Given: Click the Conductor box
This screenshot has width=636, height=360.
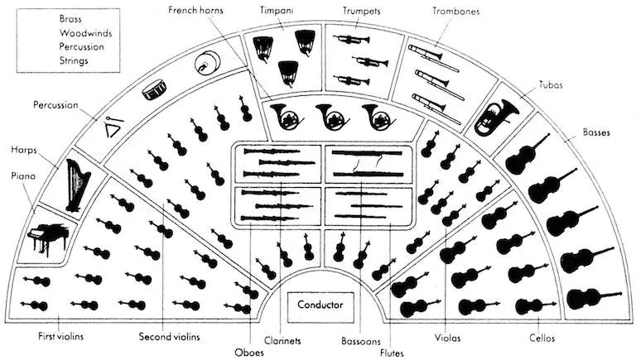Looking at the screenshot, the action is click(320, 305).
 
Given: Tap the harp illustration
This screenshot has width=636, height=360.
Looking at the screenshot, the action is click(77, 185).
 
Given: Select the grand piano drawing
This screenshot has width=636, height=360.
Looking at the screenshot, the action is click(47, 238).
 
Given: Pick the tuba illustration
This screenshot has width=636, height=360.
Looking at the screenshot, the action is click(495, 118).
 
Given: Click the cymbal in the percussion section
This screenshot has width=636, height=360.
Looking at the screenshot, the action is click(207, 63).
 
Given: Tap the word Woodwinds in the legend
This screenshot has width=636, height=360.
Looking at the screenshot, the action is click(85, 33).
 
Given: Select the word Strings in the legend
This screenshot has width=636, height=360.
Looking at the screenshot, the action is click(74, 60).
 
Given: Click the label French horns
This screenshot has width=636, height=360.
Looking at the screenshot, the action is click(195, 10).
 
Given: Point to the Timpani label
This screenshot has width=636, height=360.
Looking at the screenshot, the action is click(277, 10).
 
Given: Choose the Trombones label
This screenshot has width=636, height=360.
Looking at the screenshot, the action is click(455, 11).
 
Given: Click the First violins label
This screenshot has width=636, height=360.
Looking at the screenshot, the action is click(60, 336).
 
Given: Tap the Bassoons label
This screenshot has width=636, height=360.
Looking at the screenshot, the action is click(361, 341).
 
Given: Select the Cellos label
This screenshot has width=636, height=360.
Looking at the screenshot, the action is click(542, 338).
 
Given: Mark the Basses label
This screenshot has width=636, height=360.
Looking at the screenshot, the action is click(596, 132).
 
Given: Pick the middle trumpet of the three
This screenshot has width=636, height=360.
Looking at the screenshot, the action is click(370, 61).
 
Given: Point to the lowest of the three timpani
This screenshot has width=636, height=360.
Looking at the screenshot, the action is click(288, 74).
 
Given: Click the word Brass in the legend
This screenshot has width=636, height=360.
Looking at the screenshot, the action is click(70, 19).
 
